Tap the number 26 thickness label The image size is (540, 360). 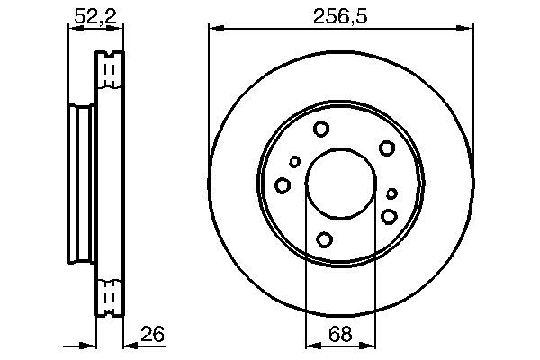click(154, 335)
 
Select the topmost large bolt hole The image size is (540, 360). click(321, 130)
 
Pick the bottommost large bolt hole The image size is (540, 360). click(325, 239)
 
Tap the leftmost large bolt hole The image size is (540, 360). click(283, 185)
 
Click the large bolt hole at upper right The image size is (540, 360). click(387, 148)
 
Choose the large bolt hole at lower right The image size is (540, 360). click(390, 216)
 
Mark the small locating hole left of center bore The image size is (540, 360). click(295, 162)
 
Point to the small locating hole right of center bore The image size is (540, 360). click(391, 193)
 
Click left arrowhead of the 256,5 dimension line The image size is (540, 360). click(213, 29)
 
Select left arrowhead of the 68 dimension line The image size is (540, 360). click(310, 343)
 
